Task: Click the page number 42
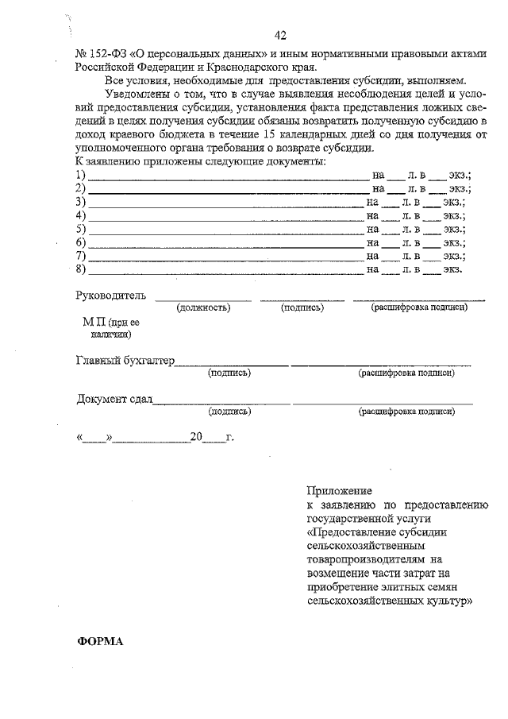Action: pyautogui.click(x=279, y=36)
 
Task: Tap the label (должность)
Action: pyautogui.click(x=203, y=307)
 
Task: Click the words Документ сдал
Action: pyautogui.click(x=114, y=400)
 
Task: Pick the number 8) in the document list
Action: pyautogui.click(x=80, y=269)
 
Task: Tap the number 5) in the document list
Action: pyautogui.click(x=80, y=229)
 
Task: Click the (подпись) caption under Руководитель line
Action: pyautogui.click(x=302, y=307)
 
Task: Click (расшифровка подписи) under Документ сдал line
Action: pyautogui.click(x=406, y=412)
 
